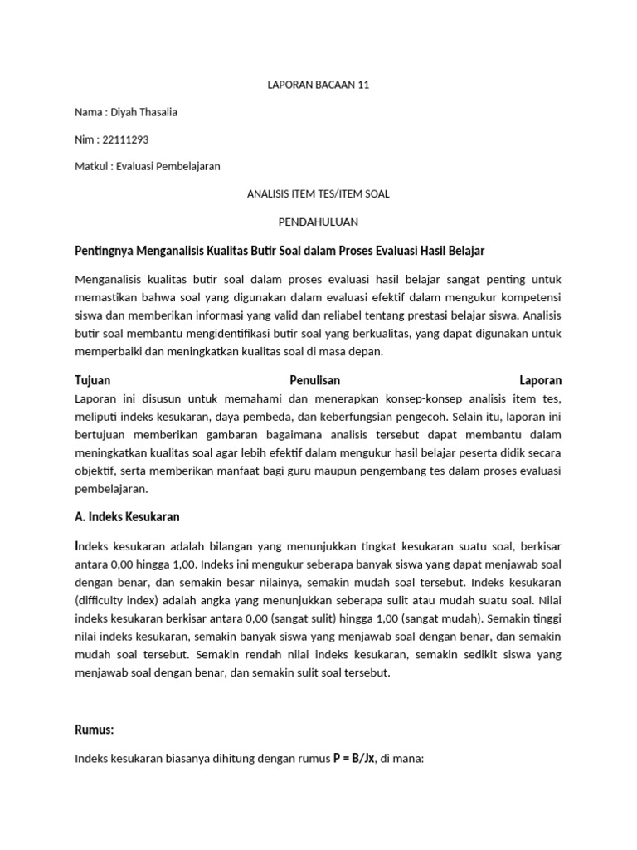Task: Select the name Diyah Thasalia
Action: point(147,112)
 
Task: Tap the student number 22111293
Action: point(125,139)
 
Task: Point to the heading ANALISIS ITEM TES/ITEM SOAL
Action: point(318,193)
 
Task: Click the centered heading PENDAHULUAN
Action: point(318,221)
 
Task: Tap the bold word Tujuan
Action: point(93,380)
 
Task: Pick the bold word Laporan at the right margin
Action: point(540,380)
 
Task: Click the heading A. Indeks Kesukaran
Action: point(127,516)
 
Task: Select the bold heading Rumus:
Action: point(95,730)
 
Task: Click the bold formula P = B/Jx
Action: point(354,757)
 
